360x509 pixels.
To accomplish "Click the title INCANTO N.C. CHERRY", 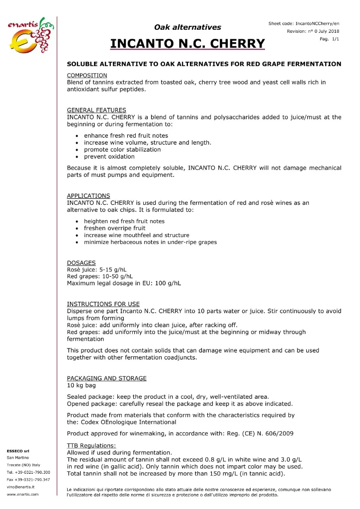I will click(x=187, y=44).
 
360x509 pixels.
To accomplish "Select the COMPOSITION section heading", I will click(x=87, y=75).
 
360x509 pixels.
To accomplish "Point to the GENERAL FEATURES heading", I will click(x=96, y=110).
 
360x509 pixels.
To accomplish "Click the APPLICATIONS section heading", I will click(x=89, y=195).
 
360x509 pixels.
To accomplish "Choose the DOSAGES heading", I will click(x=82, y=263).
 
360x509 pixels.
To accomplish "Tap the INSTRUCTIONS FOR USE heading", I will click(x=103, y=304).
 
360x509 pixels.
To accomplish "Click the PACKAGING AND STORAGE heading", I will click(x=107, y=378).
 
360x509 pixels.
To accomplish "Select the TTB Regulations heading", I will click(x=91, y=445).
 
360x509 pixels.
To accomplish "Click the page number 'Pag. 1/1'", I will click(x=331, y=39).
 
